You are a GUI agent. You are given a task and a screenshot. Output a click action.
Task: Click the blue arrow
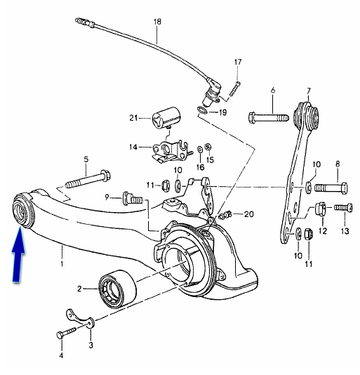18,254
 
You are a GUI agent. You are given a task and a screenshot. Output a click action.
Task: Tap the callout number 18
157,22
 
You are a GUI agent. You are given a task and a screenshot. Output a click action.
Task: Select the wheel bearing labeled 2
117,289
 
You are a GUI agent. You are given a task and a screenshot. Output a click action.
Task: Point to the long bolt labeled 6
269,118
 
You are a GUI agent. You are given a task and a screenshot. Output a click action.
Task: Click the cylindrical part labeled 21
166,118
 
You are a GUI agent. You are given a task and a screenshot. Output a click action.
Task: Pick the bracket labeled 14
171,152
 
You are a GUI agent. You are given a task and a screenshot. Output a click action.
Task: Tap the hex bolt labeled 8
331,187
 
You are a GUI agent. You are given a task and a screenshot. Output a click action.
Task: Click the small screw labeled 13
342,207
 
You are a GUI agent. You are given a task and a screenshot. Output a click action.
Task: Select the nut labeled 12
320,209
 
